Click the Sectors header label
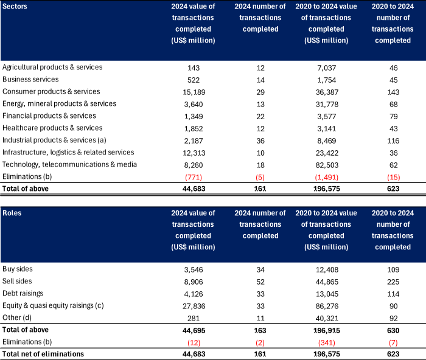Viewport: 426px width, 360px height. coord(15,6)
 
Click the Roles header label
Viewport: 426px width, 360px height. coord(12,213)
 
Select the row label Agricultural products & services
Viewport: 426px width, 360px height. coord(52,67)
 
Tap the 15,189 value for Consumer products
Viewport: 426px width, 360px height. coord(194,92)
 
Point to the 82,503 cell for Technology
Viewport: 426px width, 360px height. coord(327,165)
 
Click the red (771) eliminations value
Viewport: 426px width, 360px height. coord(194,178)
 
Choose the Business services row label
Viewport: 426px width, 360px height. coord(30,80)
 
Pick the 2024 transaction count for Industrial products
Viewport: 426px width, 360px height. coord(260,141)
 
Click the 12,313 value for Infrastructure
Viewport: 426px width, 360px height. coord(194,153)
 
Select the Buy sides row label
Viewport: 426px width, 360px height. coord(18,269)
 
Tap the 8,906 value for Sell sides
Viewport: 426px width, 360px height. coord(194,282)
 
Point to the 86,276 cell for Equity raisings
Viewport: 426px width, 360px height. coord(327,306)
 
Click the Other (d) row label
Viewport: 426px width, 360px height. coord(17,317)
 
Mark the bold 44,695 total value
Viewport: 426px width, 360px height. coord(194,331)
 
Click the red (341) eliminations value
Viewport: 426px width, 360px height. coord(327,342)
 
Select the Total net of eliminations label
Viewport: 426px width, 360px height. coord(43,354)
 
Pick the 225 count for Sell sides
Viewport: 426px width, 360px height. coord(393,282)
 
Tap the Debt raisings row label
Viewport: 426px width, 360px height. coord(23,294)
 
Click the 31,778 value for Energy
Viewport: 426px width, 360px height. coord(327,105)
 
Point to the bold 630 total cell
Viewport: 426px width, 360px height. coord(393,331)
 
